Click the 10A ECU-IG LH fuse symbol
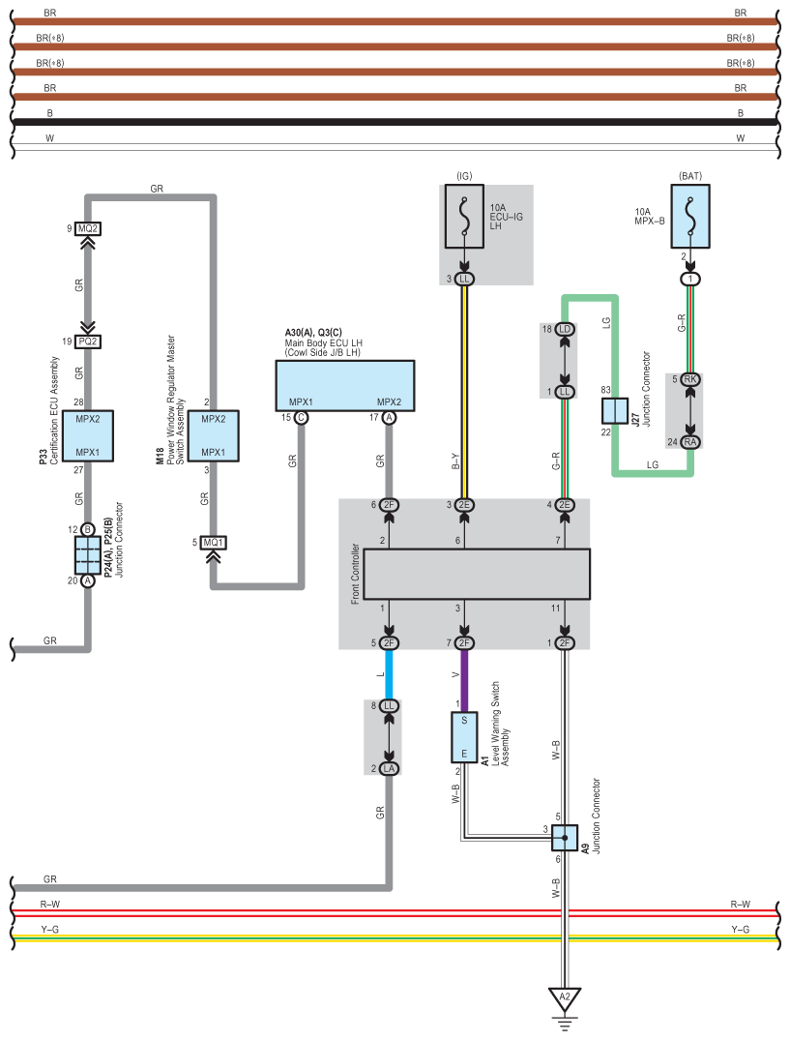click(x=464, y=217)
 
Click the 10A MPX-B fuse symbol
click(x=690, y=217)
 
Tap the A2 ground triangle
click(x=565, y=998)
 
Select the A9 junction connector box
click(x=565, y=838)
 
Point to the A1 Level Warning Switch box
click(x=464, y=737)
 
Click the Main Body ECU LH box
click(x=345, y=386)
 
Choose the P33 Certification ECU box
click(x=87, y=435)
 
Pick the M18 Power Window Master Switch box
click(x=214, y=435)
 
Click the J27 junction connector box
click(x=614, y=411)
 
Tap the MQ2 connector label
click(x=87, y=229)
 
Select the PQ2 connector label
click(x=87, y=342)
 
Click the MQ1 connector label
click(x=214, y=543)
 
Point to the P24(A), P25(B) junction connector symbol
click(x=87, y=555)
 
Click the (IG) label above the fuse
click(x=464, y=176)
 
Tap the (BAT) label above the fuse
click(x=690, y=176)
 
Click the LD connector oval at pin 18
click(x=565, y=329)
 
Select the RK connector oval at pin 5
click(x=690, y=379)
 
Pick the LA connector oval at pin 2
click(x=389, y=769)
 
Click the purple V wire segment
click(x=464, y=680)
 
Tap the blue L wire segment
click(x=389, y=674)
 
